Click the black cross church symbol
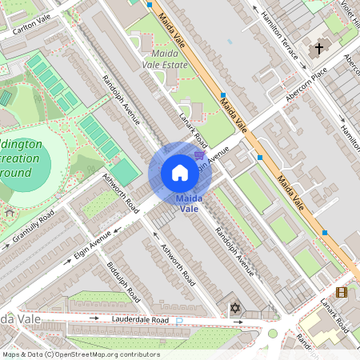pos(318,49)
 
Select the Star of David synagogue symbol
pos(234,307)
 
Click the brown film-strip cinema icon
pos(342,293)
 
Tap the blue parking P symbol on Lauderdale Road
pos(178,322)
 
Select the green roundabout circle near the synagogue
pos(273,334)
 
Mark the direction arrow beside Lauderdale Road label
pos(92,318)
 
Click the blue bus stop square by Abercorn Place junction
pos(260,158)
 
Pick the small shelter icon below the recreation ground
pos(10,213)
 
